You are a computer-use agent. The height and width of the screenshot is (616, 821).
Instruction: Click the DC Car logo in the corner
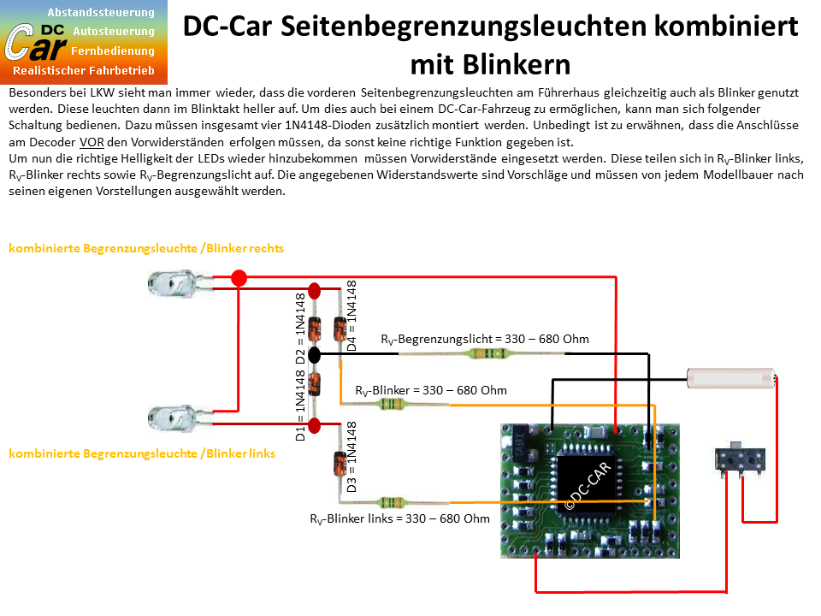[x=84, y=42]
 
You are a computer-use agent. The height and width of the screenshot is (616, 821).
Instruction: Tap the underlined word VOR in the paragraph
[x=92, y=142]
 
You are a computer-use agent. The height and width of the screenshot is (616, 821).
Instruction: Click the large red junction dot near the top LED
[x=239, y=277]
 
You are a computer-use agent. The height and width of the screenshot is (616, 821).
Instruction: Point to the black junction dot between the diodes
[x=314, y=354]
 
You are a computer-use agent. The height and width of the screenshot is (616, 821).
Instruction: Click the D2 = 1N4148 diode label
[x=300, y=329]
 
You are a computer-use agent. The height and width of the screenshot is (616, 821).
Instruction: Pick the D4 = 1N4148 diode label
[x=351, y=316]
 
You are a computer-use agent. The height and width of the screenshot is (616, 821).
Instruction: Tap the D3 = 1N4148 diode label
[x=351, y=457]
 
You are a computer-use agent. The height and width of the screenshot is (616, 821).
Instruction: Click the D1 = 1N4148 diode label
[x=300, y=406]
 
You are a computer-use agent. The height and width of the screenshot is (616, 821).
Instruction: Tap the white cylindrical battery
[x=731, y=377]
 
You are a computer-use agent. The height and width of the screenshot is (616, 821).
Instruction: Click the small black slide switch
[x=740, y=458]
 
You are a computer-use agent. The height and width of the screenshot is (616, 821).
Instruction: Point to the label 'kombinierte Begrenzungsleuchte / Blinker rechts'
[x=146, y=248]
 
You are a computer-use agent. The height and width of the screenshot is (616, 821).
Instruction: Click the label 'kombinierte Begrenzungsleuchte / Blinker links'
[x=142, y=453]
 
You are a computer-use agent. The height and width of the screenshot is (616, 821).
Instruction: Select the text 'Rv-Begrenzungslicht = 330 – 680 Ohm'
[x=485, y=340]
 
